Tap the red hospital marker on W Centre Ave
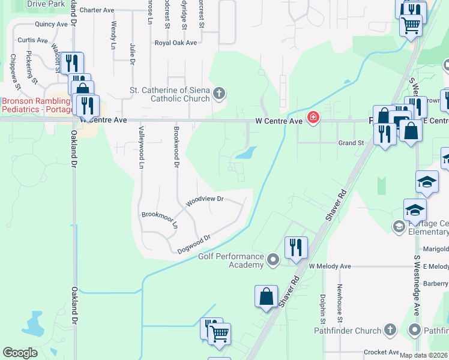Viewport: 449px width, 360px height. tap(312, 118)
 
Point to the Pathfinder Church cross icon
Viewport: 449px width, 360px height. tap(390, 330)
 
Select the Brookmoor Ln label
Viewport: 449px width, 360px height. tap(160, 218)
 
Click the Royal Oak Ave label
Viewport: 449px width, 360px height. tap(175, 43)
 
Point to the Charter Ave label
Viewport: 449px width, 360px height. tap(97, 10)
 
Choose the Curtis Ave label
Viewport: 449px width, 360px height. tap(32, 40)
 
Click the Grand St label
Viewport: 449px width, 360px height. tap(351, 143)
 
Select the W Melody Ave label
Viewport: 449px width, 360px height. tap(330, 266)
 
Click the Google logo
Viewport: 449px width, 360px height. tap(20, 353)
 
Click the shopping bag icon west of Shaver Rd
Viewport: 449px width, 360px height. tap(266, 297)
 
